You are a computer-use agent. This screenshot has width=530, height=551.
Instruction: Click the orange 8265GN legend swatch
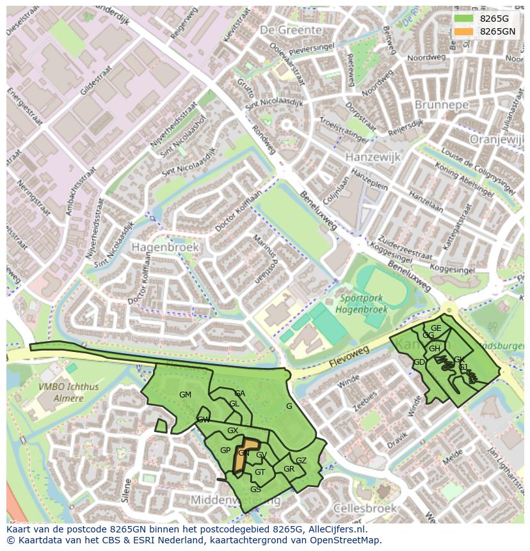[x=463, y=31]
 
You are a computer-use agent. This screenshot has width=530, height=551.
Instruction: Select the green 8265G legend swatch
[x=463, y=18]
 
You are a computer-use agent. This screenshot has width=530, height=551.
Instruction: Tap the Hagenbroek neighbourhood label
[x=165, y=246]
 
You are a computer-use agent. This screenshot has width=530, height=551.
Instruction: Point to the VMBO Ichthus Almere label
[x=61, y=392]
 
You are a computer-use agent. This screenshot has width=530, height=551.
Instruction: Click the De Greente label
[x=291, y=30]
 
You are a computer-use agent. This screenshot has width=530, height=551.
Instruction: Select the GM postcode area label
[x=185, y=395]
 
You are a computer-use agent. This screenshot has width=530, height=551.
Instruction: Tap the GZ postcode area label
[x=301, y=461]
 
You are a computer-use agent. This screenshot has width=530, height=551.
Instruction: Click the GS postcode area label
[x=255, y=490]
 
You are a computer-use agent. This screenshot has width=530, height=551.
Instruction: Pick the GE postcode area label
[x=436, y=328]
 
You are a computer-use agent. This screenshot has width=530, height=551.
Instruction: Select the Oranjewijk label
[x=496, y=139]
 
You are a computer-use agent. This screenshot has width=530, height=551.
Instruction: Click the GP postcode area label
[x=225, y=451]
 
